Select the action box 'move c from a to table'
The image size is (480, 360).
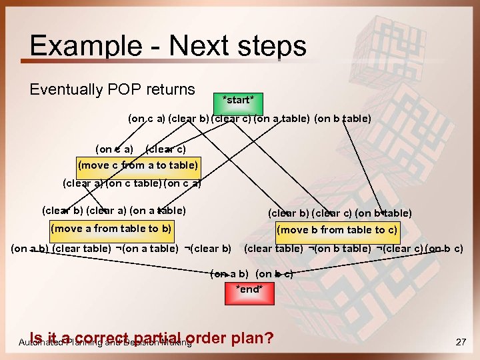click(x=138, y=165)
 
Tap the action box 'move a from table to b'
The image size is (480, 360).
click(x=111, y=229)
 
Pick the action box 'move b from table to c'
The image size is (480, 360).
click(x=338, y=231)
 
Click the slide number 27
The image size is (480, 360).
click(x=460, y=342)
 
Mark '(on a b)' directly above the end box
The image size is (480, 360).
click(x=230, y=274)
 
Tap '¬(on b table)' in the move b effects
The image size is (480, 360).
click(x=339, y=249)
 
